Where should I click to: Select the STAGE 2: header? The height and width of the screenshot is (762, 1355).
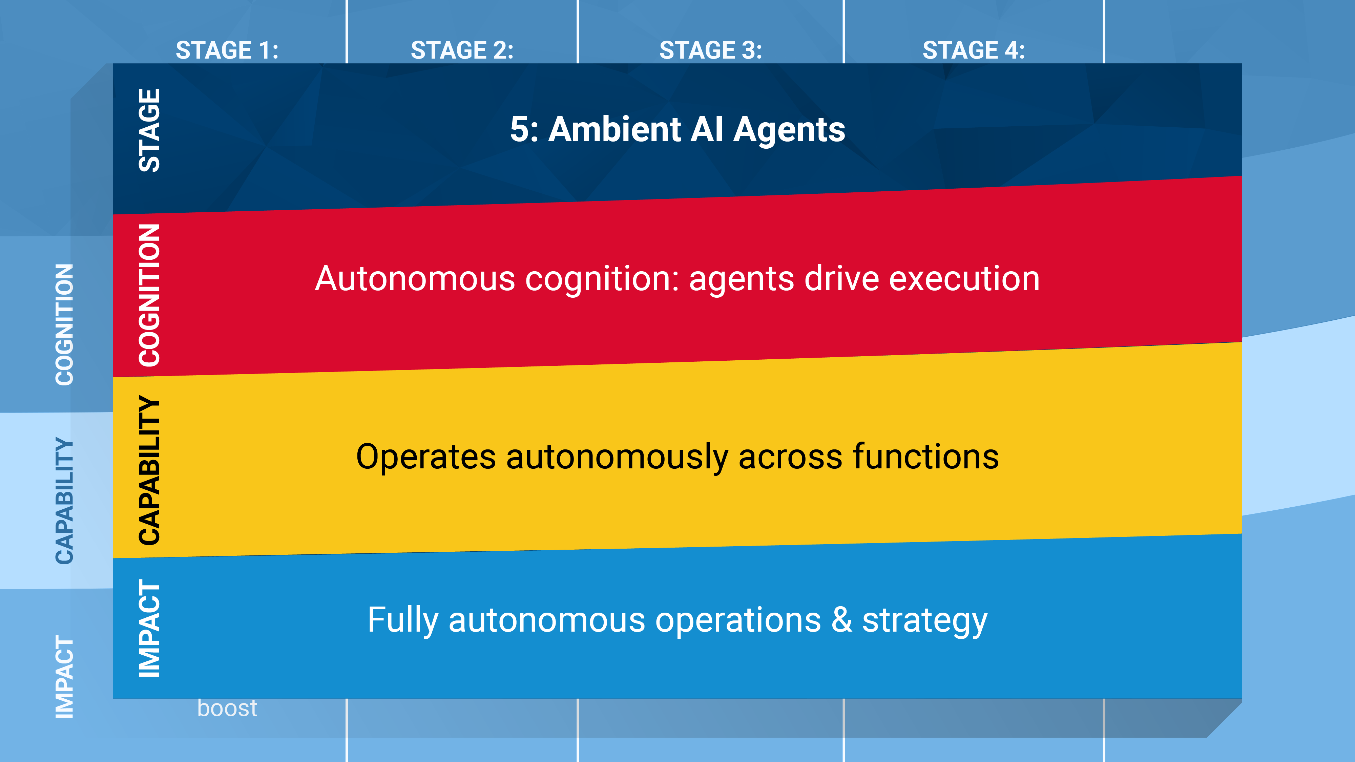click(462, 50)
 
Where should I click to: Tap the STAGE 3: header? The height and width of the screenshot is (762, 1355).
click(711, 50)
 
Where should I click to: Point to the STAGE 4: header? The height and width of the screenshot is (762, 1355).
click(974, 50)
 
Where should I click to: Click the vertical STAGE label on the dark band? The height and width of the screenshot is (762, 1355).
click(149, 130)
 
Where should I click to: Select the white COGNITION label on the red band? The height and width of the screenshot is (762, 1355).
click(149, 295)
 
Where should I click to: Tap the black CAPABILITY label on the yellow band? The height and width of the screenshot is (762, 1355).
click(149, 470)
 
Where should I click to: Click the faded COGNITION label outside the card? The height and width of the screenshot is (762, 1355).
click(65, 324)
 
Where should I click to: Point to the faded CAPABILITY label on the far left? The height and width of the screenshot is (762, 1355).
click(65, 501)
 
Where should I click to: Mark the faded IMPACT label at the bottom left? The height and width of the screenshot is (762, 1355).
click(65, 677)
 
